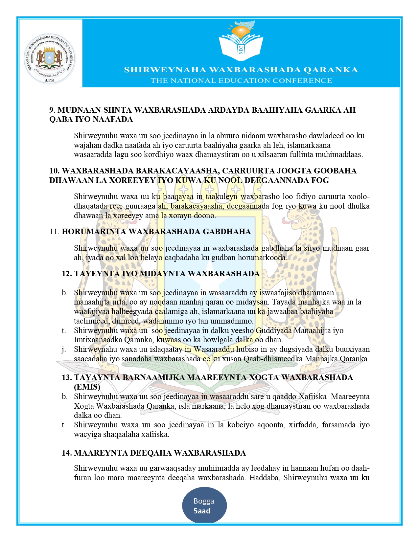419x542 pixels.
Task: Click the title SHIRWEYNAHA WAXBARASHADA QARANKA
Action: point(241,70)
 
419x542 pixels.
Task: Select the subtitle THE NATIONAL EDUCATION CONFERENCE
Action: point(241,80)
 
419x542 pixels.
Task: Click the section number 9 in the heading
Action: point(51,110)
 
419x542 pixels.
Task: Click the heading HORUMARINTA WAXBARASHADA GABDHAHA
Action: point(156,232)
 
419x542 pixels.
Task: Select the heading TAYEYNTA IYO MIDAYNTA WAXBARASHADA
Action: point(167,274)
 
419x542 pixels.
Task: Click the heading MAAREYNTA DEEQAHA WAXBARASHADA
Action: point(160,453)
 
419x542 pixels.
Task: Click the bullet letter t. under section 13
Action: point(64,425)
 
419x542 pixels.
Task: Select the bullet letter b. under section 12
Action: point(64,293)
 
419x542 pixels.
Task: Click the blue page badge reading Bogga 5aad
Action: point(204,506)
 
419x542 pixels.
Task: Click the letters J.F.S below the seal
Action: point(49,80)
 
